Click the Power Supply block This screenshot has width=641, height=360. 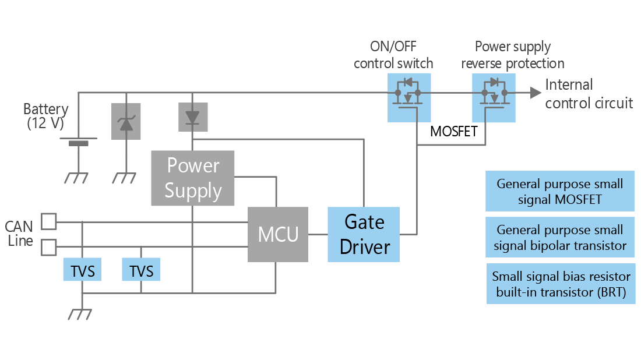[x=193, y=178]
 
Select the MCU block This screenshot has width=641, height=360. [x=278, y=234]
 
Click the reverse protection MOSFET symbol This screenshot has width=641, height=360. [x=494, y=97]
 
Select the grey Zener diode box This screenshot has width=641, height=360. [x=126, y=122]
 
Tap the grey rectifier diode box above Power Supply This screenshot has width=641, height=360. [x=192, y=117]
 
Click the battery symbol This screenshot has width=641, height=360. [x=76, y=142]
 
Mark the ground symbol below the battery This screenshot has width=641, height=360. [x=76, y=178]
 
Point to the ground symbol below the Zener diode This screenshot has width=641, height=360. [x=125, y=178]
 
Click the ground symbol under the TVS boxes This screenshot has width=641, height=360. [x=82, y=315]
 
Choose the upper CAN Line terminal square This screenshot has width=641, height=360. [x=48, y=222]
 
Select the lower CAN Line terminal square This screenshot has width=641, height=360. [x=48, y=248]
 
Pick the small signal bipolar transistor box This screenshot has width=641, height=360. [x=559, y=238]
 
